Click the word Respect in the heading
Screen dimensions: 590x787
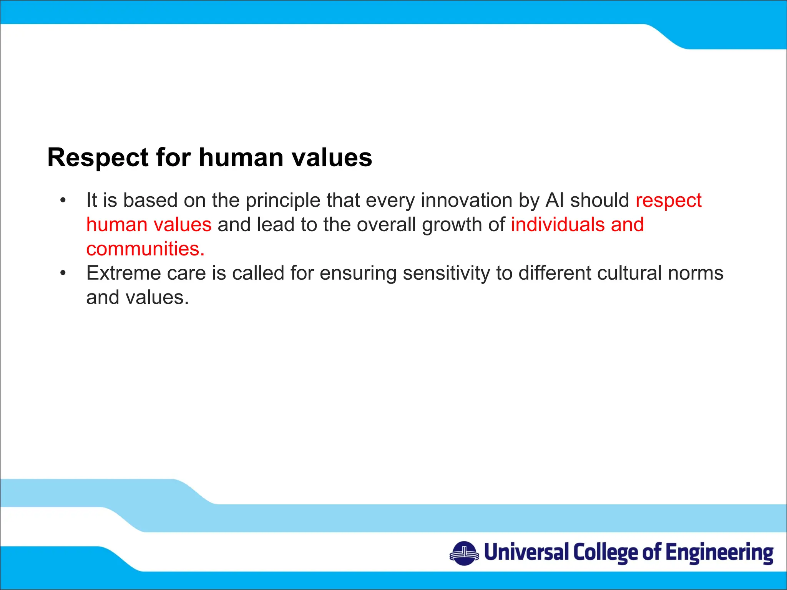(x=98, y=158)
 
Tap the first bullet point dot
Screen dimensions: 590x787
(x=63, y=201)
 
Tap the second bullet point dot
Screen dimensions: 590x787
(x=63, y=273)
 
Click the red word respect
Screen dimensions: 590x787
(x=668, y=201)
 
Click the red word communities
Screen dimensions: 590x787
(x=145, y=249)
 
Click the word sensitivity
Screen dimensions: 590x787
(x=446, y=273)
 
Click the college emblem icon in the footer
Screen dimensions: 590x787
(x=464, y=553)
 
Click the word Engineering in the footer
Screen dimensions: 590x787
(x=719, y=553)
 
